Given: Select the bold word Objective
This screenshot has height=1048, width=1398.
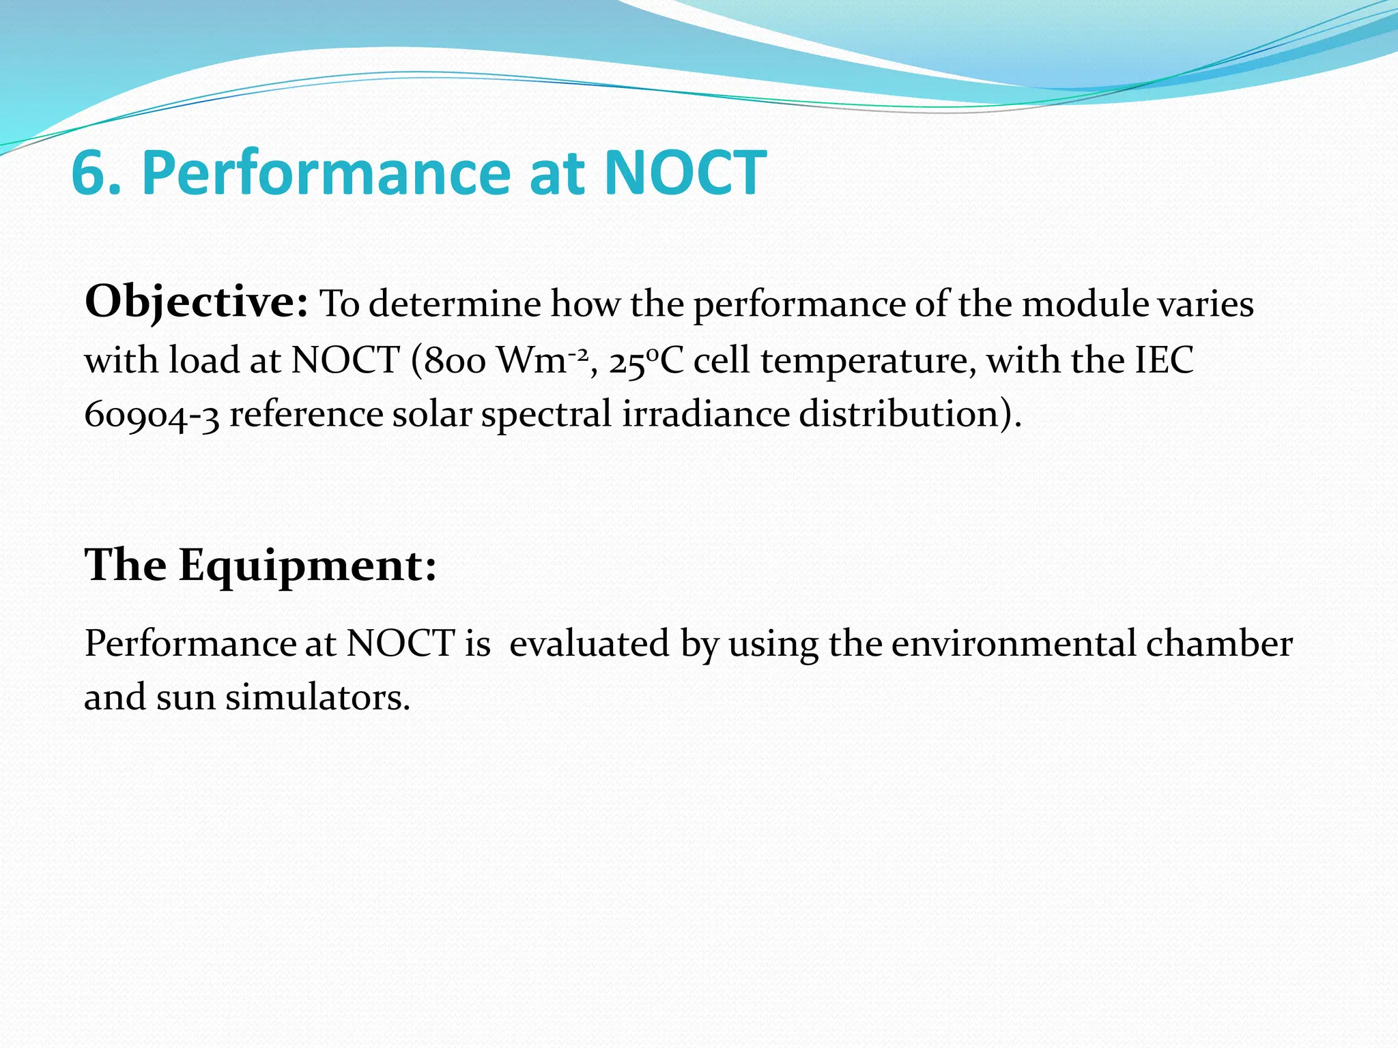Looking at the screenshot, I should tap(196, 302).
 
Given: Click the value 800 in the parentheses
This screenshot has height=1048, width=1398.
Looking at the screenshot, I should tap(454, 361).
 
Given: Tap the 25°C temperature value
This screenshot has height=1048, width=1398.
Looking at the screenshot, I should tap(646, 361).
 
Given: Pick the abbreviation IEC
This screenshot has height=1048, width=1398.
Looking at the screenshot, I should tap(1164, 360).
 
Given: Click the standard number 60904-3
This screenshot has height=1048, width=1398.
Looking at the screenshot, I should tap(152, 416).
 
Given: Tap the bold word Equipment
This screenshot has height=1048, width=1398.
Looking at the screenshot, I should tap(307, 566).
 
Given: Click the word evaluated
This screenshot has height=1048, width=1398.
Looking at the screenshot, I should tap(589, 643).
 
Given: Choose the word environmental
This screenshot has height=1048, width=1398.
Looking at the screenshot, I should tap(1013, 643).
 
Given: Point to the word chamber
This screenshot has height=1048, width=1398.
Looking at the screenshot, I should tap(1218, 643).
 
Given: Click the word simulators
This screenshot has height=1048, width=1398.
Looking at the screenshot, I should tap(317, 698).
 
